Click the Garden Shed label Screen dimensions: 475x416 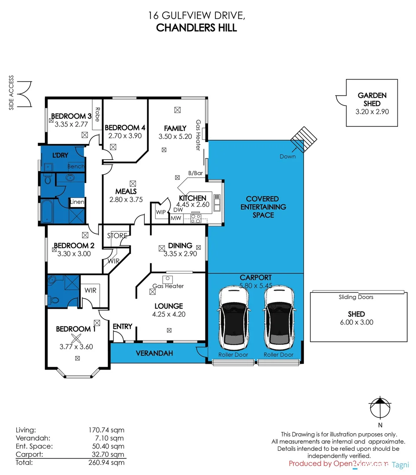(x=372, y=99)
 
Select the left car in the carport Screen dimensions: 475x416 (x=234, y=316)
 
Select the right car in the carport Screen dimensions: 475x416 (x=279, y=316)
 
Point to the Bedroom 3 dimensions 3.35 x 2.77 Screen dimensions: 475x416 (x=71, y=124)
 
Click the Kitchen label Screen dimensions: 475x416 (x=192, y=198)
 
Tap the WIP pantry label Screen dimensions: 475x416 (x=161, y=212)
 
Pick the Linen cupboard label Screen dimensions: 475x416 (x=77, y=202)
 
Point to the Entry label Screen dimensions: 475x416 (x=122, y=326)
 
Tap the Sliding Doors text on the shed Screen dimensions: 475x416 (x=356, y=297)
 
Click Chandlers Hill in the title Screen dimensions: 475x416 (x=197, y=27)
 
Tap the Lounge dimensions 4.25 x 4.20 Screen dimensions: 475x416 (x=168, y=314)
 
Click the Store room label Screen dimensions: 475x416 (x=118, y=236)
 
